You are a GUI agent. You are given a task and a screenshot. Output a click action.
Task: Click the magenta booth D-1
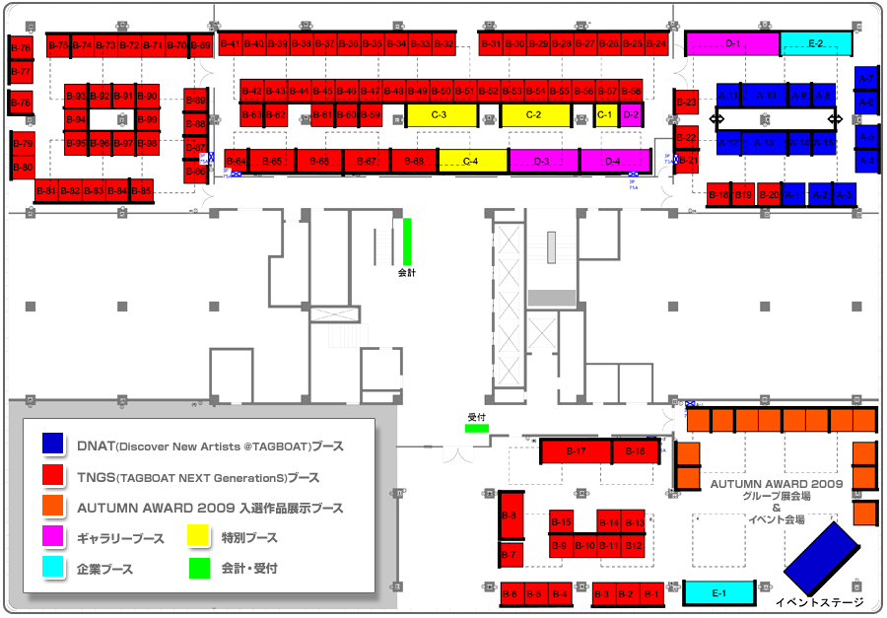732,43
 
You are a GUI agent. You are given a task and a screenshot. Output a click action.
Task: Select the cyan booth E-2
816,43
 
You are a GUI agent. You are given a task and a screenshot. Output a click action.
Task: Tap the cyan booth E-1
718,593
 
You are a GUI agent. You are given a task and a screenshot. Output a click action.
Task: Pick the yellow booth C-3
441,115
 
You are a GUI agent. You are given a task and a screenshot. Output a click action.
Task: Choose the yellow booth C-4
472,161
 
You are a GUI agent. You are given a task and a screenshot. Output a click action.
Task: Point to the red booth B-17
577,451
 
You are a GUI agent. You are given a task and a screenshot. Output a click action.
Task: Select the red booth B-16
636,451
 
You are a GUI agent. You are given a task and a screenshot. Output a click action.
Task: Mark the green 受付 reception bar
477,428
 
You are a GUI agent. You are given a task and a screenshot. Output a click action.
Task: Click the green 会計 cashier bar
407,240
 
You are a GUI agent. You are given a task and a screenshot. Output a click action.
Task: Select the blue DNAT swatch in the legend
53,446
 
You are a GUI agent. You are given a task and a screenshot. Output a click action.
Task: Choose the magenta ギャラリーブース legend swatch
53,537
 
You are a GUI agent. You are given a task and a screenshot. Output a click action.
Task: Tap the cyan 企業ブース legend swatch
53,568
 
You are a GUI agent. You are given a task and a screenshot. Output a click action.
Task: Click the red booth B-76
21,48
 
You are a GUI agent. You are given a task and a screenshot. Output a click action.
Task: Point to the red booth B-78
21,103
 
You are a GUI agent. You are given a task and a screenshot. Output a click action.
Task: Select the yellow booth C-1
605,115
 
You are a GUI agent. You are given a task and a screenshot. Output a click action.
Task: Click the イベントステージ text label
819,602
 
